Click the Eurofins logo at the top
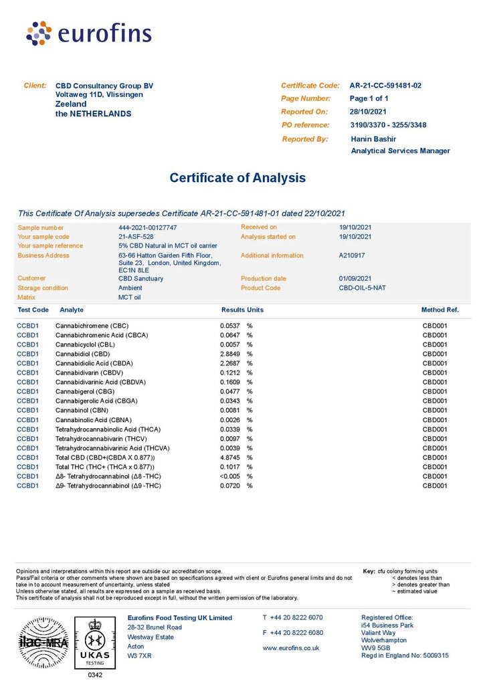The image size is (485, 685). (88, 33)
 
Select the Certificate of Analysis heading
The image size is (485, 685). (237, 178)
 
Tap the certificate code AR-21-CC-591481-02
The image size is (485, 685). (385, 86)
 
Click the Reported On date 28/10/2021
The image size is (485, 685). (368, 112)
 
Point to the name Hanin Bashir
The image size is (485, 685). (373, 138)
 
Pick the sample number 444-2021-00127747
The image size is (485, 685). (148, 227)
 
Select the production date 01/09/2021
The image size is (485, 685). (356, 278)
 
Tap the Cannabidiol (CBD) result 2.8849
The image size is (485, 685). (231, 354)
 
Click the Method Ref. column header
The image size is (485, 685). (440, 310)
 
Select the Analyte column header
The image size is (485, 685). (72, 310)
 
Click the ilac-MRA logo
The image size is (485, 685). (42, 642)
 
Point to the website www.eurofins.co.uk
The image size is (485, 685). (290, 648)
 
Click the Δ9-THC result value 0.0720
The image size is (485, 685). (231, 485)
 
